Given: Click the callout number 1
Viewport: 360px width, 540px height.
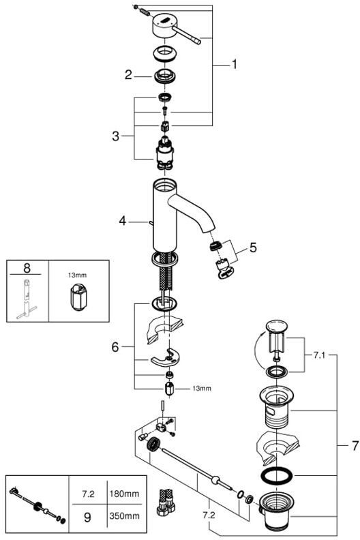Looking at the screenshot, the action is tap(235, 64).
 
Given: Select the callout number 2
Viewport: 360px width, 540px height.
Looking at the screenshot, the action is tap(128, 75).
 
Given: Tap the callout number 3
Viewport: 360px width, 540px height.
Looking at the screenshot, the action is tap(115, 136).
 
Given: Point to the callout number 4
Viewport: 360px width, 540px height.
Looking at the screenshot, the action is tap(123, 221).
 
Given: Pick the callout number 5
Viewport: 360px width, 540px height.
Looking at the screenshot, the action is tap(253, 247).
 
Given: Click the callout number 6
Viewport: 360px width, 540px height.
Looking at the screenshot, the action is tap(115, 347).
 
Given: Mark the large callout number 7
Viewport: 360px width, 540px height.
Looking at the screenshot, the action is tap(355, 446).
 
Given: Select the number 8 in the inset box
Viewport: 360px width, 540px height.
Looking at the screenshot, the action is tap(27, 267).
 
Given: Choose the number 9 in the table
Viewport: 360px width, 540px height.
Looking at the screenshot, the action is tap(87, 517).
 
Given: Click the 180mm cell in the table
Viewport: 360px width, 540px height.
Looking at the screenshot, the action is tap(124, 494).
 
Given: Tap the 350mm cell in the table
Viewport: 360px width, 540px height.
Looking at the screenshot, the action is tap(124, 515).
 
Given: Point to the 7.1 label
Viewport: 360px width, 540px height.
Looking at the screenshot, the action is tap(319, 355).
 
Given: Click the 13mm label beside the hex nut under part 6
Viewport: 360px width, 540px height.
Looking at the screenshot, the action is tap(202, 389).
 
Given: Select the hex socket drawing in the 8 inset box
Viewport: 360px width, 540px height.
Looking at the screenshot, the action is tap(78, 297).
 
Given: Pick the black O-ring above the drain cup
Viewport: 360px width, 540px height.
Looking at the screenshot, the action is tap(277, 476).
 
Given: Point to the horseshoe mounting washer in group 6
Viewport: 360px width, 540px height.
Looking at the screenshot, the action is tap(166, 358).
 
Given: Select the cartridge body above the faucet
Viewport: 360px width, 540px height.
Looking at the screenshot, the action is tap(165, 153).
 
